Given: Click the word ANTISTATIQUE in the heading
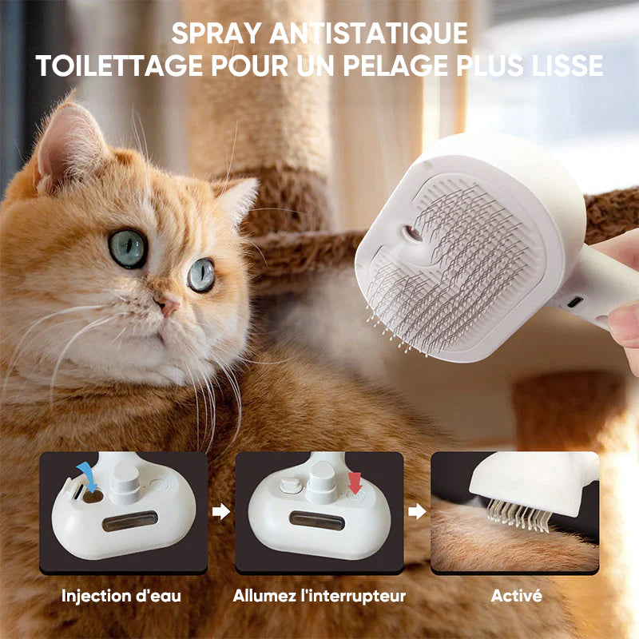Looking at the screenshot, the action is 368,33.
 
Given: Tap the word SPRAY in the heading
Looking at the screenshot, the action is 216,33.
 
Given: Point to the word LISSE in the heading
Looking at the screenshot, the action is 567,65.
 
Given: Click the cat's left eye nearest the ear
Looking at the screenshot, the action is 128,248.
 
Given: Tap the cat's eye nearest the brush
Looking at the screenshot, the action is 201,275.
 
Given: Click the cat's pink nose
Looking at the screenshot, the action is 169,306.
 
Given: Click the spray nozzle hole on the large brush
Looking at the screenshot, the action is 412,233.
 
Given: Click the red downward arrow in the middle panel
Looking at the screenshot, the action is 355,483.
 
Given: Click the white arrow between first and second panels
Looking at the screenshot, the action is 221,511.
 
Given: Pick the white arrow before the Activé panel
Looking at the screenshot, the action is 417,511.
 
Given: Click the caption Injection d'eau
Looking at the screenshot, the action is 121,596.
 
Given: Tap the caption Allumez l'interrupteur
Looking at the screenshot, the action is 319,596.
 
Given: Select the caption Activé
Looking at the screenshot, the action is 516,595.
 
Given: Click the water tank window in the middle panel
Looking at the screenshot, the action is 317,521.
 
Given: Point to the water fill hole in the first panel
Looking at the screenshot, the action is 93,496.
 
